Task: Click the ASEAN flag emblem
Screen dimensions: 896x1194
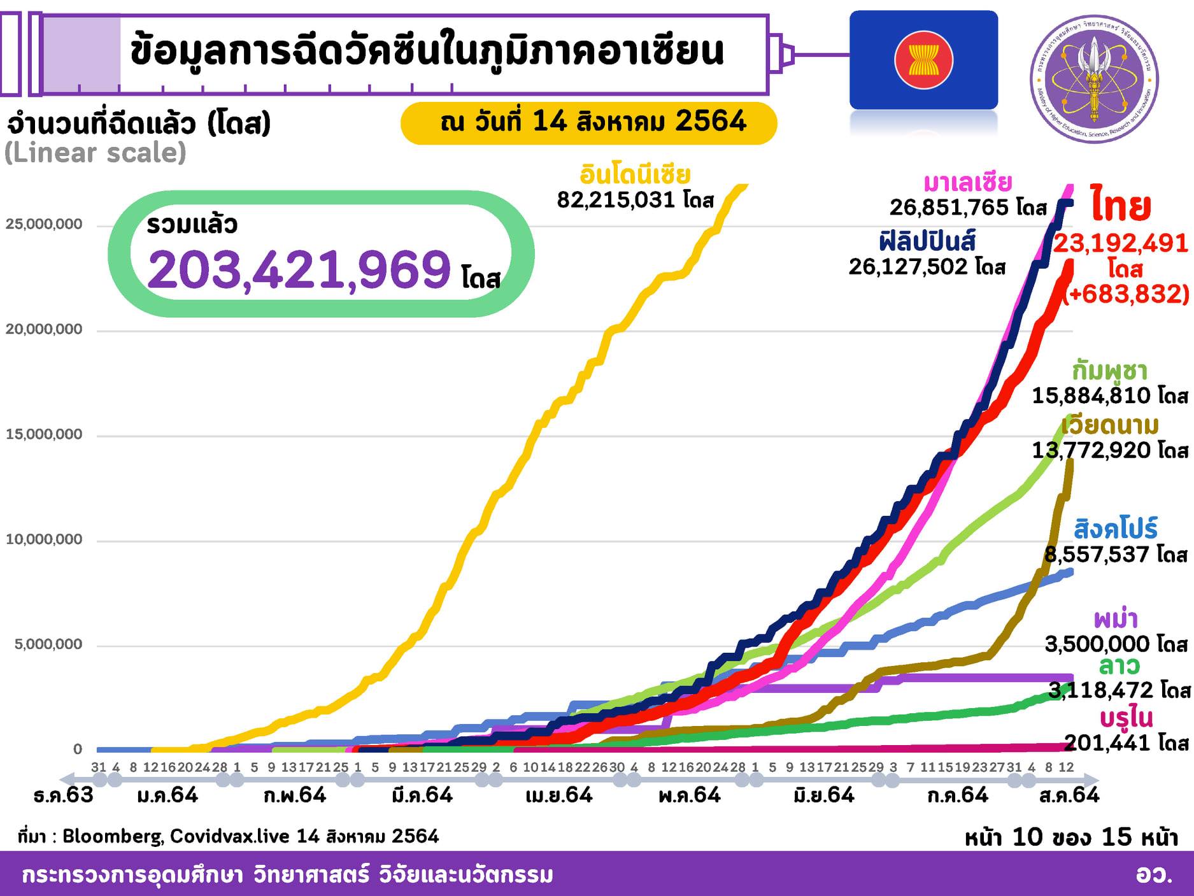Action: [923, 60]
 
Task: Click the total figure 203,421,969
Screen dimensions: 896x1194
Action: [299, 269]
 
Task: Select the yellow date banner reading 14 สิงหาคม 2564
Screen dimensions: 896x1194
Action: [588, 122]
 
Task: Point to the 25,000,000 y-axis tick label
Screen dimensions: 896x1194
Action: [44, 225]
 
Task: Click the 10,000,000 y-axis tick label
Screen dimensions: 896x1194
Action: [44, 540]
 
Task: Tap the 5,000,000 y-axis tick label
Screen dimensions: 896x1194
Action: [48, 644]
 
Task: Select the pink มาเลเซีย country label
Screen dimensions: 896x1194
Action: [967, 183]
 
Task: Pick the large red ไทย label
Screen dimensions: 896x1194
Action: [1120, 205]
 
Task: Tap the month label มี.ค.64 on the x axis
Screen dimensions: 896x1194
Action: [422, 795]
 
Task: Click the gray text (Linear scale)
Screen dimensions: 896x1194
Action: [96, 153]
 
